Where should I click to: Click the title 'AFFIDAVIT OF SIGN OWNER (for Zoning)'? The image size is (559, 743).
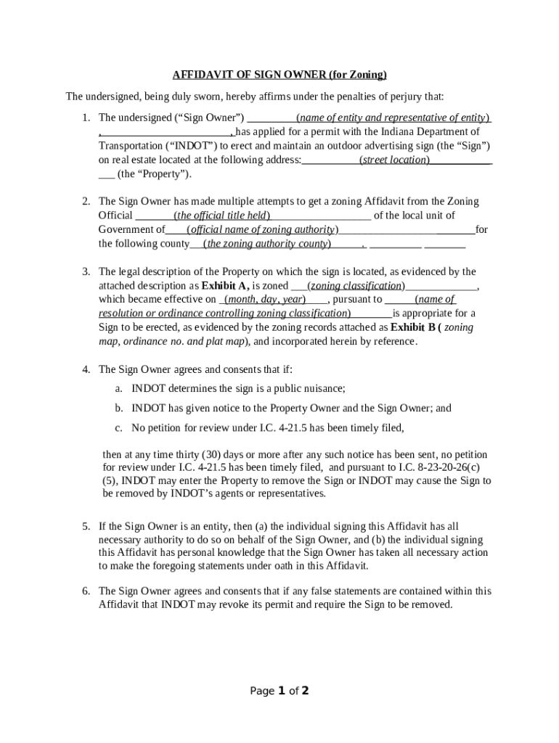click(279, 75)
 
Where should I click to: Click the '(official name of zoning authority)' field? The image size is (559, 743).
click(262, 230)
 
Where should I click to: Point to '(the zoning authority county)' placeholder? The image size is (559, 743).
click(267, 244)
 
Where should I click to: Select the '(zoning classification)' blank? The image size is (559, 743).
click(356, 286)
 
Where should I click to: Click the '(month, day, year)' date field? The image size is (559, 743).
click(264, 300)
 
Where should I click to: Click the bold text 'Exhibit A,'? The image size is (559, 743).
click(225, 286)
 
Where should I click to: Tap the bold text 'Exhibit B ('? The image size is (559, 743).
click(416, 328)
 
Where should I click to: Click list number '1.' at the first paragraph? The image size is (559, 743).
click(86, 118)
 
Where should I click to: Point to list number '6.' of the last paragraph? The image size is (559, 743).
click(86, 591)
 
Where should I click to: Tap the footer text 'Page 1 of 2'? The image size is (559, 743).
click(279, 691)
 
